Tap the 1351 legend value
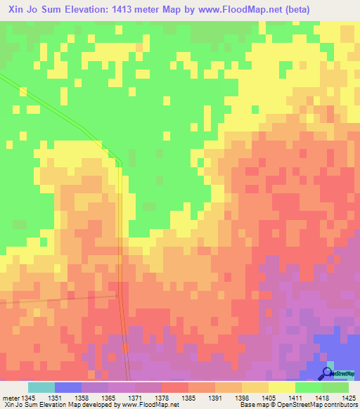pyautogui.click(x=56, y=397)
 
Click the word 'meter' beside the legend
pyautogui.click(x=10, y=397)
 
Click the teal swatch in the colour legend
pyautogui.click(x=41, y=387)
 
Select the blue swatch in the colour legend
pyautogui.click(x=67, y=387)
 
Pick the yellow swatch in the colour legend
pyautogui.click(x=281, y=387)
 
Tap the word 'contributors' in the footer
pyautogui.click(x=339, y=405)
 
